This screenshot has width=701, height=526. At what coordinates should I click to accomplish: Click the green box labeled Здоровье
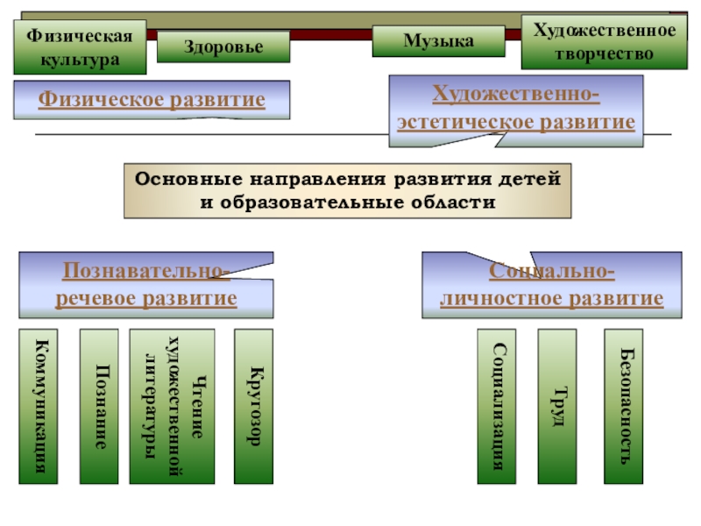(223, 46)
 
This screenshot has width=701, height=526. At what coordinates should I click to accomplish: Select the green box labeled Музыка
(438, 41)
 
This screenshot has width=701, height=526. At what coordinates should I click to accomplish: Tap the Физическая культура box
(79, 48)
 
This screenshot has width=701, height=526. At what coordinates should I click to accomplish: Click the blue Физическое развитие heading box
(152, 100)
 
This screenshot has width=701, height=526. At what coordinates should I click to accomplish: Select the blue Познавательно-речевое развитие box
(146, 286)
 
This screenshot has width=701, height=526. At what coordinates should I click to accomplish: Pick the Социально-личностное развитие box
(551, 286)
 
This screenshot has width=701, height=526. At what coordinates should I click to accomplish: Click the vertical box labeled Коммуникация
(39, 406)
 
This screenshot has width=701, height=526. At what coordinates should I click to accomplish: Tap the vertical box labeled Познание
(99, 406)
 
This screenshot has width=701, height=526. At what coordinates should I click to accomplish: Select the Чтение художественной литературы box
(172, 406)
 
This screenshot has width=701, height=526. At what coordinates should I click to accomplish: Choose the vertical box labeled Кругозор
(253, 406)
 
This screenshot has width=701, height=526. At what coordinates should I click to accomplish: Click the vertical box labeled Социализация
(497, 406)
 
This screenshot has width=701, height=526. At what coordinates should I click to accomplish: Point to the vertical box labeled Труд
(557, 406)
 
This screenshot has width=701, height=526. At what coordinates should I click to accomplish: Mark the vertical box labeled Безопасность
(623, 406)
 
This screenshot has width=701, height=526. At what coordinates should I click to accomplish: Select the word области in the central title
(455, 203)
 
